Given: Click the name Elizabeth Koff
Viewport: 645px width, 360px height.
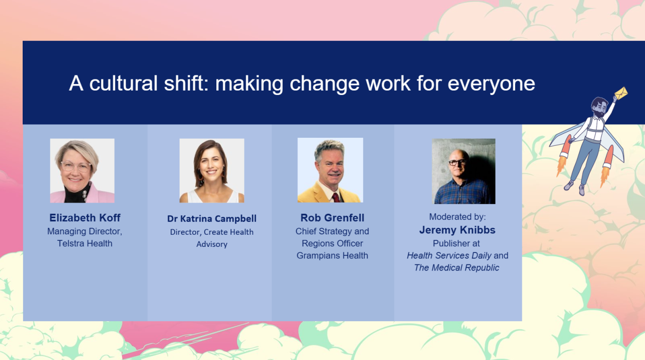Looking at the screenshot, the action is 85,218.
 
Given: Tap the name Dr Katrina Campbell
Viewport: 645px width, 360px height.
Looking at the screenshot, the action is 212,219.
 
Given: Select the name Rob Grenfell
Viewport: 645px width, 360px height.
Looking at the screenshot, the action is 332,218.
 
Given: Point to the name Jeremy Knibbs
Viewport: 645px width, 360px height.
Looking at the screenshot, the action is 457,230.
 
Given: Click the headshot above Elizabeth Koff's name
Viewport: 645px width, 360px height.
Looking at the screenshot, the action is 83,170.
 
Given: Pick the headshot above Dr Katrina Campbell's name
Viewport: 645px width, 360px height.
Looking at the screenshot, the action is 212,170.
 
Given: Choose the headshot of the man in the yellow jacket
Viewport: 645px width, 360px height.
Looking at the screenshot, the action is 330,170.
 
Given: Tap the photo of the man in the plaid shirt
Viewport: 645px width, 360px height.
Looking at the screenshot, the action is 463,171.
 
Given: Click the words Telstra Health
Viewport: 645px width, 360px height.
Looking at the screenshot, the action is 85,243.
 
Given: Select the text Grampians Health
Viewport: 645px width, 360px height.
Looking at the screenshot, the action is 332,255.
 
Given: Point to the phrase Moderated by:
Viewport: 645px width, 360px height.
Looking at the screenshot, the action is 457,217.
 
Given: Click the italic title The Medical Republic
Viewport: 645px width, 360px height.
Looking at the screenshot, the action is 457,267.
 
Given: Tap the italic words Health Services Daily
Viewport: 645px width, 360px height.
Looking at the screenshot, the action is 449,255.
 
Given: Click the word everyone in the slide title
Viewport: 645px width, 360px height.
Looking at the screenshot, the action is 491,84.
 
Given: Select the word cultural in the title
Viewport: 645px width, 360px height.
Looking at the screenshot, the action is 124,83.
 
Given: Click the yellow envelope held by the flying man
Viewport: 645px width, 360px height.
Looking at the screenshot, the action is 621,93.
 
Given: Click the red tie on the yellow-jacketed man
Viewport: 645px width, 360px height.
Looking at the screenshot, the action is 336,198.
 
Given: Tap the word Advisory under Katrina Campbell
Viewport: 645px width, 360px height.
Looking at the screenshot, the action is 212,244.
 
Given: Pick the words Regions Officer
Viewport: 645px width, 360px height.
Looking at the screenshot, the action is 332,243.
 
